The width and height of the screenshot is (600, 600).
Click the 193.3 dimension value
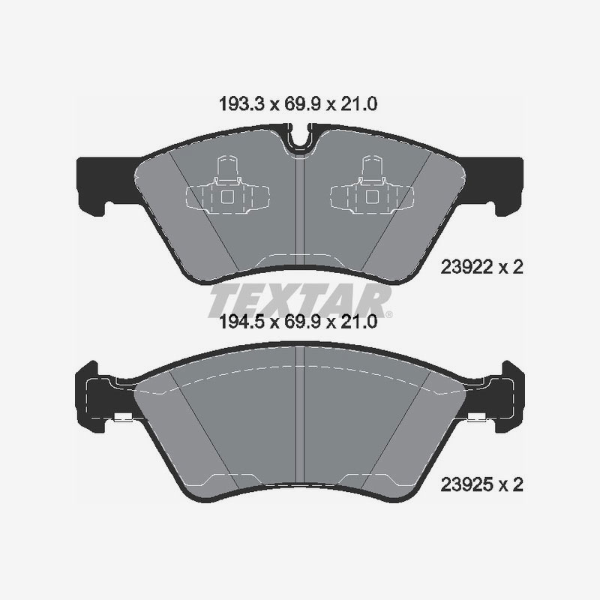tap(241, 104)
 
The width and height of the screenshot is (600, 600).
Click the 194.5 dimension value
tap(241, 322)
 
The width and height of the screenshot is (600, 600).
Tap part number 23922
tap(466, 267)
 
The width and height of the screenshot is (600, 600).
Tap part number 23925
tap(466, 484)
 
